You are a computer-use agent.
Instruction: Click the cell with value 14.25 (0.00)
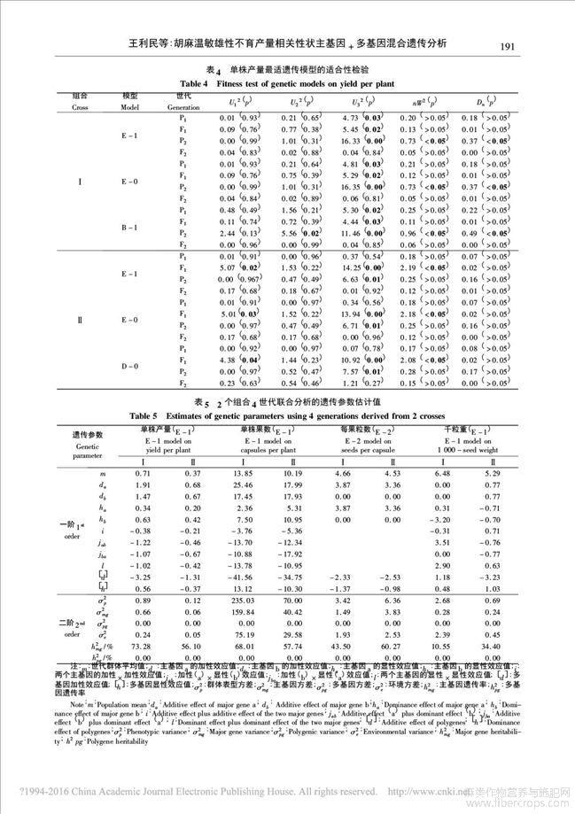(x=349, y=267)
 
